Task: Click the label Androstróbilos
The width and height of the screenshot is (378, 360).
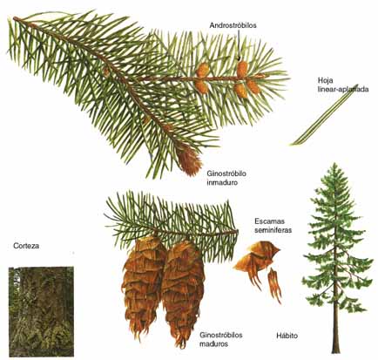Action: (233, 25)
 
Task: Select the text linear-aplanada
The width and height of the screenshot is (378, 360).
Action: (343, 89)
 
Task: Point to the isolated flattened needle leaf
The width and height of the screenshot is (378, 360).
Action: (325, 115)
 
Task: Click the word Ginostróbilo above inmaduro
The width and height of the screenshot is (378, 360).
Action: (226, 173)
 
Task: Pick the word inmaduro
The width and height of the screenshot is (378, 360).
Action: (222, 183)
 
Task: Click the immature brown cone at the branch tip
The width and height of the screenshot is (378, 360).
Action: (189, 160)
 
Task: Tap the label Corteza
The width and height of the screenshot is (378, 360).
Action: (26, 246)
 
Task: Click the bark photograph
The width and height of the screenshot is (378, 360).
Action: (41, 312)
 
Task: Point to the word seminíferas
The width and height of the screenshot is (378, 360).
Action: (273, 230)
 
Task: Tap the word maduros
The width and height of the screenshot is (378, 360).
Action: (213, 344)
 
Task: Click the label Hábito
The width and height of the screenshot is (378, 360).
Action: (287, 336)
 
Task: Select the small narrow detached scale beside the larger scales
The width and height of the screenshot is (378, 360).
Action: (274, 285)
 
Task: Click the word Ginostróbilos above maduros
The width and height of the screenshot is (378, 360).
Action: (221, 335)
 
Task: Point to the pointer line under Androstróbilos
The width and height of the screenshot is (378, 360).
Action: (239, 45)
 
